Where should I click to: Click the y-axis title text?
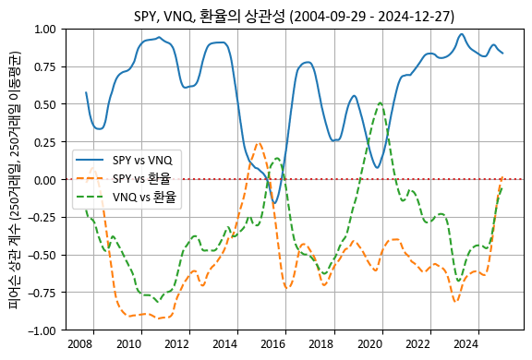click(17, 179)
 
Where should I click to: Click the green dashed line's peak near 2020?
click(381, 102)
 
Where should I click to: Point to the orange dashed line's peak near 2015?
click(259, 143)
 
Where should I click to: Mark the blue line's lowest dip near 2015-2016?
click(273, 203)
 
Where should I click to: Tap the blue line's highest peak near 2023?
click(462, 34)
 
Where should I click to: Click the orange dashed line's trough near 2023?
click(455, 302)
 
